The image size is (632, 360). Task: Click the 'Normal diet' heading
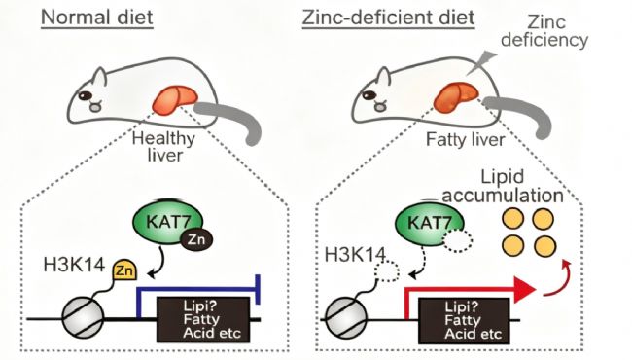pos(96,18)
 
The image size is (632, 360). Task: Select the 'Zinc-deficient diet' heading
pos(389,18)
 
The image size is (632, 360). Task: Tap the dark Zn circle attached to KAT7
pos(196,240)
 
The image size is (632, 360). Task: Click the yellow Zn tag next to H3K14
pos(124,270)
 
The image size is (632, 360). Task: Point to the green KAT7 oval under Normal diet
pos(167,222)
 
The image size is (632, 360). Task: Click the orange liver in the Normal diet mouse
pos(175,99)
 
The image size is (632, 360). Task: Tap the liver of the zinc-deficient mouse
pos(456,96)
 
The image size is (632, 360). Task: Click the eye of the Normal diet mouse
pos(85,96)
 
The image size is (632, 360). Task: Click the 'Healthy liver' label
pos(164,147)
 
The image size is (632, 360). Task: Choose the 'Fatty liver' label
pos(465,140)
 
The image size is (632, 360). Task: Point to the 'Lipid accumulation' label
pos(503,186)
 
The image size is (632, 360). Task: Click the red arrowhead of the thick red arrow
pos(523,289)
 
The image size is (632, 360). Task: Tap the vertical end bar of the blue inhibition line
pos(258,289)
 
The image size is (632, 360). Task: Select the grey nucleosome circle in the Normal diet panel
pos(83,318)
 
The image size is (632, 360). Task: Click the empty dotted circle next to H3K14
pos(387,272)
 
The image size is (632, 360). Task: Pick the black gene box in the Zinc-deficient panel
pos(465,321)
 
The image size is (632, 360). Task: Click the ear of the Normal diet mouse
pos(99,77)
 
